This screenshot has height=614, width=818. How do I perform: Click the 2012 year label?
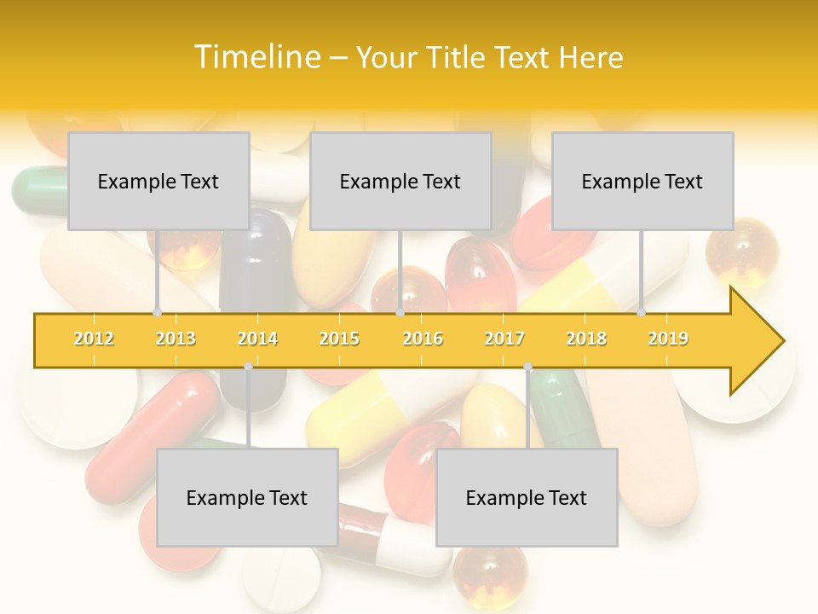pos(94,339)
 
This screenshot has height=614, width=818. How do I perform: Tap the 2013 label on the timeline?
pos(176,339)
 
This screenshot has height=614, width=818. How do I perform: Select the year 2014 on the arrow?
pos(257,339)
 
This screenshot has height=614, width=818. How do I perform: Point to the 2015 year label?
pos(339,339)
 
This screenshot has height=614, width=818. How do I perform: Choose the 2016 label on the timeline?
pos(423,339)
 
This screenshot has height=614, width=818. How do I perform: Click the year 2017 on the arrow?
pos(504,339)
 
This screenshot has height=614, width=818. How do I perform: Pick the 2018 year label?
pos(586,339)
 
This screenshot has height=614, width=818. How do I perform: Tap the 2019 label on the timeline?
pos(668,339)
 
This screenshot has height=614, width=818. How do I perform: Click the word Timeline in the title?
pos(256,57)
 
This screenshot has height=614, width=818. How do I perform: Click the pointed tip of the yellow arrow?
pos(781,341)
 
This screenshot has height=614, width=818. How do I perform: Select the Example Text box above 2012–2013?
pos(158,181)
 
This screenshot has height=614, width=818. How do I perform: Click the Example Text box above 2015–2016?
pos(400,181)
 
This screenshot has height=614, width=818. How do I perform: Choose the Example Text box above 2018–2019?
pos(642,181)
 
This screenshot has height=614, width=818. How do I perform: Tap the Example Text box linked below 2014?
pos(247,497)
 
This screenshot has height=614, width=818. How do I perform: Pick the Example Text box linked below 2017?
pos(527,497)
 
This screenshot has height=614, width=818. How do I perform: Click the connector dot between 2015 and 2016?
pos(400,313)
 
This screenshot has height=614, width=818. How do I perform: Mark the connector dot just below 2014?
pos(248,367)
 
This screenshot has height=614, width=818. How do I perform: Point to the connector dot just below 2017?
pos(527,367)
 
